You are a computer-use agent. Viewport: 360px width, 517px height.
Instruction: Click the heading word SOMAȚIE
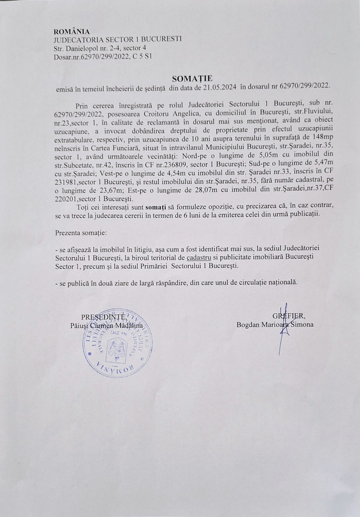coord(192,77)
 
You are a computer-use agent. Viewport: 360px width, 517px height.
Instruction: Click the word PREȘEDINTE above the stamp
coord(102,316)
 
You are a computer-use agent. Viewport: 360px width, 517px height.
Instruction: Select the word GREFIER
coord(289,316)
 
